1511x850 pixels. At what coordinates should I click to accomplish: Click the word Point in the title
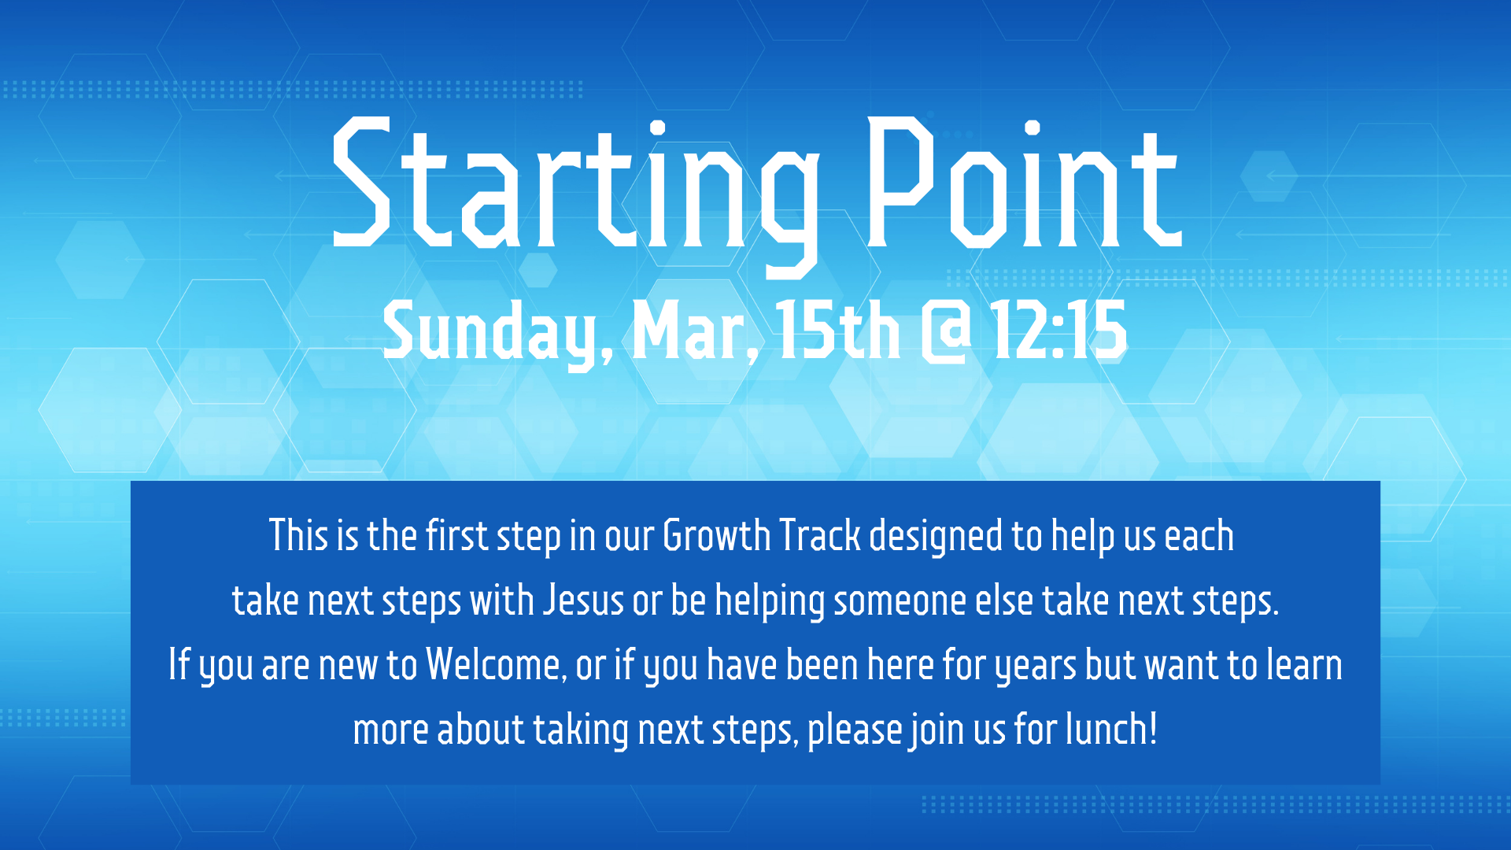(x=1023, y=185)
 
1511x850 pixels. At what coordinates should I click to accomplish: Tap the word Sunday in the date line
(x=492, y=332)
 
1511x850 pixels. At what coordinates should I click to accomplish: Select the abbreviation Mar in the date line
(x=689, y=332)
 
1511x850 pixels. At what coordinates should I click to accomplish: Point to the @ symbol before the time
(x=946, y=332)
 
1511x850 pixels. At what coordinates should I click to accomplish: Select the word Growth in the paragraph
(x=716, y=536)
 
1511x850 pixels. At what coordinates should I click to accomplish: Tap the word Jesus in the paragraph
(x=584, y=601)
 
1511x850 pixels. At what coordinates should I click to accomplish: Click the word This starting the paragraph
(x=298, y=536)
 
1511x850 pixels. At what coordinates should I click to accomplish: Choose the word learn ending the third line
(x=1304, y=665)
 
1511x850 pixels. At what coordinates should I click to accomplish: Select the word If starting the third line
(x=179, y=665)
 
